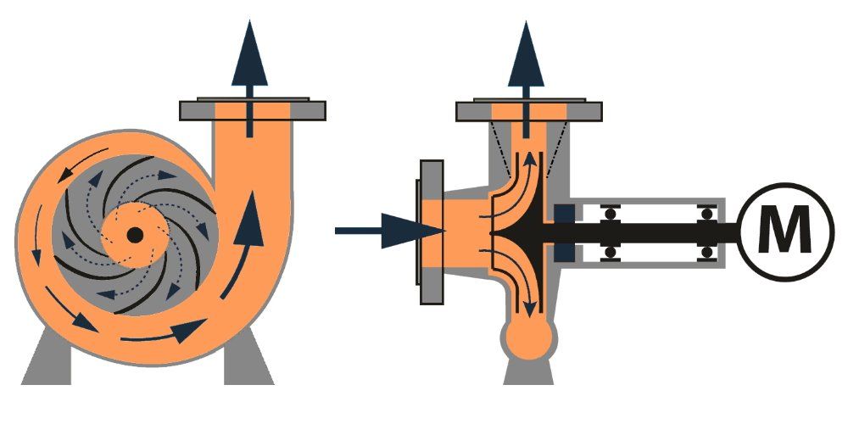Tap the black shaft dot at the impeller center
coord(135,235)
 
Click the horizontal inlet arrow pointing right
coord(389,231)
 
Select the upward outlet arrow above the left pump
coord(249,78)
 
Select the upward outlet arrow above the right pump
coord(527,78)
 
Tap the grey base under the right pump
coord(528,372)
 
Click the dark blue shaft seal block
coord(564,232)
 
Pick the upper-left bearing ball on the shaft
coord(610,214)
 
